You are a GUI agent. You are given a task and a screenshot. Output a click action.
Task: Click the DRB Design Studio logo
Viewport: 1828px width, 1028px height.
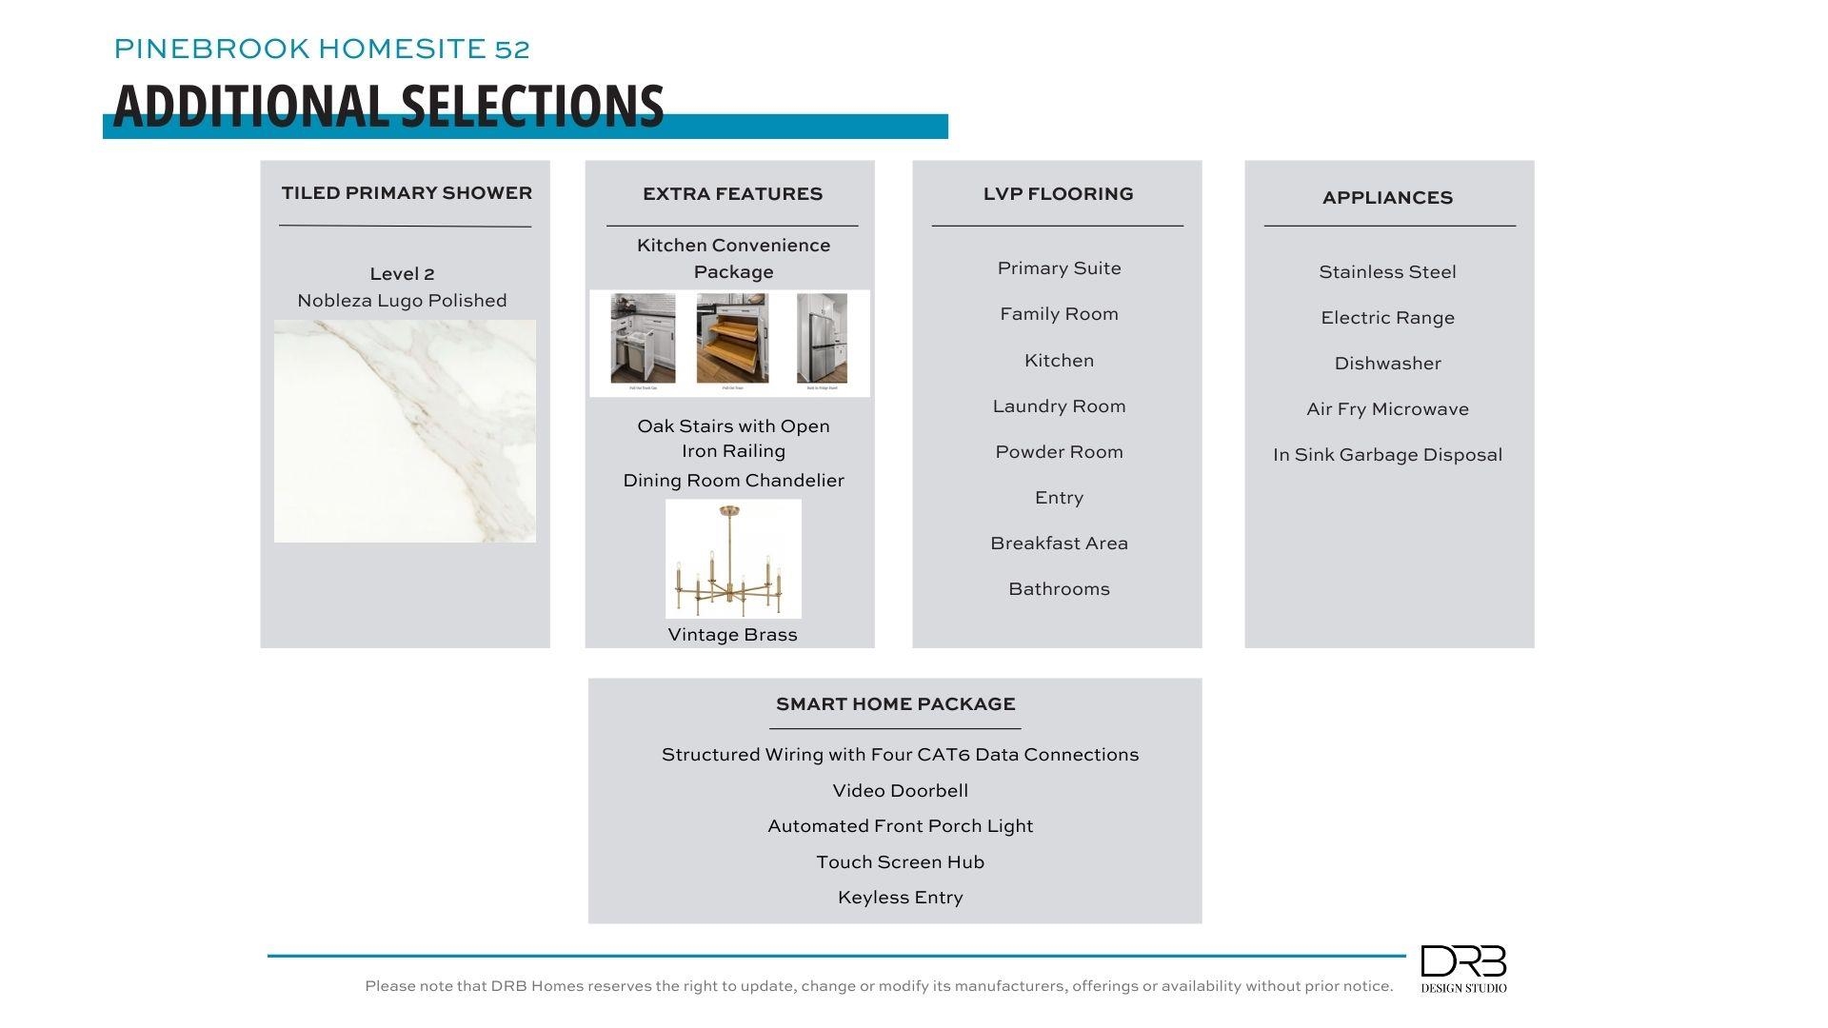click(1463, 968)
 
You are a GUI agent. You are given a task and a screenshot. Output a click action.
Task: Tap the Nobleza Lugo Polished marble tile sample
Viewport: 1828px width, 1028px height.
click(405, 431)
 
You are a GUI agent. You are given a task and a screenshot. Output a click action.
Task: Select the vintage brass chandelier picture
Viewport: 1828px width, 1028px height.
click(733, 559)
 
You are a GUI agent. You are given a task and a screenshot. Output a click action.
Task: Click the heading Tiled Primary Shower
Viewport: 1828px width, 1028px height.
click(407, 193)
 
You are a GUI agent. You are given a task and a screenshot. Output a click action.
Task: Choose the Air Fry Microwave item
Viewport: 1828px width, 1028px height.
click(1387, 409)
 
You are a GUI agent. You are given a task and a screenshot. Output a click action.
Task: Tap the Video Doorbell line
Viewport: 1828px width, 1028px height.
click(900, 791)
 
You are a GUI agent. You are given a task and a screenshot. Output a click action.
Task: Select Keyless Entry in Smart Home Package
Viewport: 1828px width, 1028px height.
click(900, 898)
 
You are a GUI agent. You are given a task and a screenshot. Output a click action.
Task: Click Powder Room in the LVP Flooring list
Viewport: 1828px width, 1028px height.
click(1059, 452)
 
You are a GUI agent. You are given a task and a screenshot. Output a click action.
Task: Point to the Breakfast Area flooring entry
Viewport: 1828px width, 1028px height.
click(1059, 544)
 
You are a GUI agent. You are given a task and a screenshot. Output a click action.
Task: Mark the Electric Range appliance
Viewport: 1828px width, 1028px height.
click(1387, 318)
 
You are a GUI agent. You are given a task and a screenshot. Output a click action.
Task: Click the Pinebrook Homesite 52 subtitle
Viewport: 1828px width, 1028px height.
click(322, 49)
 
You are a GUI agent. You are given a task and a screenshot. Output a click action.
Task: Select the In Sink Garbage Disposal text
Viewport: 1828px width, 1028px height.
click(1387, 455)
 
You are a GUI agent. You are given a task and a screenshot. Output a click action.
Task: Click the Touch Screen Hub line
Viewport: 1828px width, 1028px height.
click(900, 862)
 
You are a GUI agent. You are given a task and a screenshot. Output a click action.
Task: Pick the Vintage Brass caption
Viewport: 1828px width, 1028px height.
click(732, 635)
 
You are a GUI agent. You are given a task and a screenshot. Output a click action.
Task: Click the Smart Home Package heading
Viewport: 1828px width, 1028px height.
click(895, 704)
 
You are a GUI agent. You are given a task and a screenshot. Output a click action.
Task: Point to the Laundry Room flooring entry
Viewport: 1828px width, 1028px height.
click(1059, 406)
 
